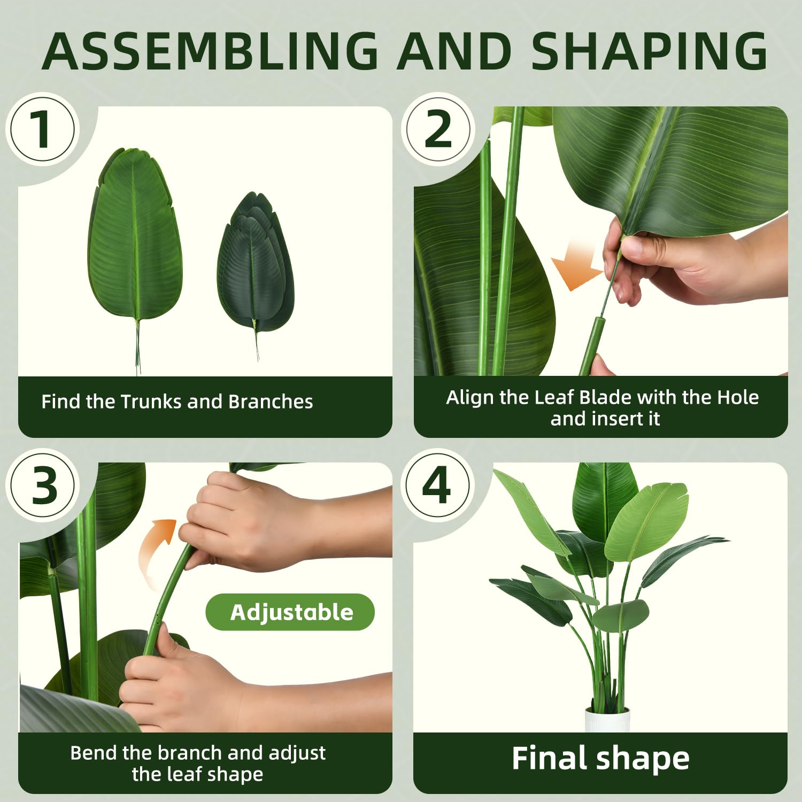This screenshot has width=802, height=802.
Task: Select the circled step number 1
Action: click(x=43, y=129)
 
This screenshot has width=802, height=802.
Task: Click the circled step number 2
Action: click(x=438, y=129)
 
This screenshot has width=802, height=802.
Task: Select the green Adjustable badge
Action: click(x=290, y=612)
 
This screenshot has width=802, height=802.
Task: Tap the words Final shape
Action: click(x=600, y=758)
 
